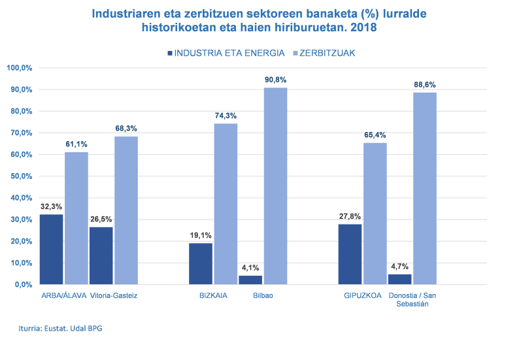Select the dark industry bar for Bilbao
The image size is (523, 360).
[250, 280]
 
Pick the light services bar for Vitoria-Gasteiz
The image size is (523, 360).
[126, 210]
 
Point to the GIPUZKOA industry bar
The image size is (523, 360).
[350, 254]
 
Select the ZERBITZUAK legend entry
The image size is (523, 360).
[327, 53]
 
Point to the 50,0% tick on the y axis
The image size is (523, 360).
[19, 176]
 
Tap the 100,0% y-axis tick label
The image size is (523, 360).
[19, 68]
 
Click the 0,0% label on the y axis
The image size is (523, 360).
[22, 284]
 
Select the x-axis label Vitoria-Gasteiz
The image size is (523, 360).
[114, 295]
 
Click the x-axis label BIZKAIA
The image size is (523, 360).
[214, 295]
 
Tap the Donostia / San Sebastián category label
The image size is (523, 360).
[413, 300]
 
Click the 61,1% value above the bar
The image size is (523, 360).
[76, 144]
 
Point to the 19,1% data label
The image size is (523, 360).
[201, 235]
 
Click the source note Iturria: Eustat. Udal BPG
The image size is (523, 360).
[60, 329]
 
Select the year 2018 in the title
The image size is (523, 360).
[363, 28]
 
